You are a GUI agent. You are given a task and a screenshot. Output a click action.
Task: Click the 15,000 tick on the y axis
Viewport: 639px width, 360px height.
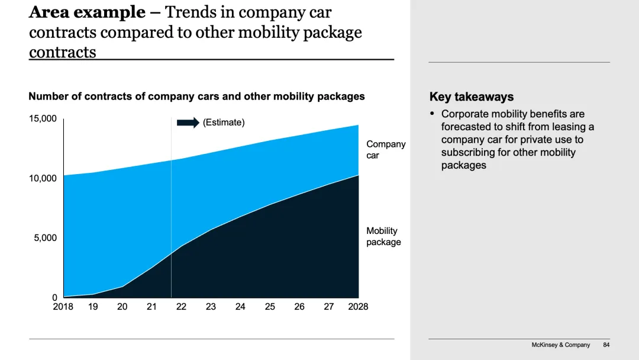43,118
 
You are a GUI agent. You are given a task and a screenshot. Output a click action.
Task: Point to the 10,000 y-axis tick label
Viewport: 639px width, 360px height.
43,178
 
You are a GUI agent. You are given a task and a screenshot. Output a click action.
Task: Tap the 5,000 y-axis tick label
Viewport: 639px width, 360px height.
45,238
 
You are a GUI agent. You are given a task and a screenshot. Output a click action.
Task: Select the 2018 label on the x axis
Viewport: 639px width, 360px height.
63,307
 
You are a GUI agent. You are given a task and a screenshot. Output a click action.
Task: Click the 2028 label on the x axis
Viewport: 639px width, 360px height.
358,307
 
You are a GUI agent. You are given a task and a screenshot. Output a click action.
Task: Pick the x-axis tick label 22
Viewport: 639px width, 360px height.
181,307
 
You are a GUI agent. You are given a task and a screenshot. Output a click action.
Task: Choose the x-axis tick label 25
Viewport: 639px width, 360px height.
270,307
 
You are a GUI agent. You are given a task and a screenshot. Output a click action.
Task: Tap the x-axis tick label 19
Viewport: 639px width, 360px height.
93,307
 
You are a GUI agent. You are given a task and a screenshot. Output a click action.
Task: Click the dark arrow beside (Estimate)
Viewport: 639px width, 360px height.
188,123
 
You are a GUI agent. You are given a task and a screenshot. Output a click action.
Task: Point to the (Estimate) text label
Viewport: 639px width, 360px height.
223,123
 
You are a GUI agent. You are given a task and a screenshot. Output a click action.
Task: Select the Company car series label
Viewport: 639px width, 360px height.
386,150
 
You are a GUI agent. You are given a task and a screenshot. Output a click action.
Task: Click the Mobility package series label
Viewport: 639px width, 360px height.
383,236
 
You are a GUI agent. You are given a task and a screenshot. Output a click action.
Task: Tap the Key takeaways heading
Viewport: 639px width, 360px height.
471,97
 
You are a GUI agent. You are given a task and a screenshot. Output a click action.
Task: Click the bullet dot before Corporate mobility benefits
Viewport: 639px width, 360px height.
432,114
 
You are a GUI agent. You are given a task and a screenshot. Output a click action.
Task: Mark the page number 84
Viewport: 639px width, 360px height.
606,345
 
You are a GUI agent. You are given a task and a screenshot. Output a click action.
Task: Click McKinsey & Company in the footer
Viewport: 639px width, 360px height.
560,345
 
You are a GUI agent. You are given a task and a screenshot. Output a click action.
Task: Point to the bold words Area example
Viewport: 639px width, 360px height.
87,12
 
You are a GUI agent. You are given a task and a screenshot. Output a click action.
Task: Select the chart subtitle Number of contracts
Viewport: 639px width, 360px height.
196,97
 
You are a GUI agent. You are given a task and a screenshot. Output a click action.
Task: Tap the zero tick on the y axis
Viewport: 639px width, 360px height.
54,298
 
